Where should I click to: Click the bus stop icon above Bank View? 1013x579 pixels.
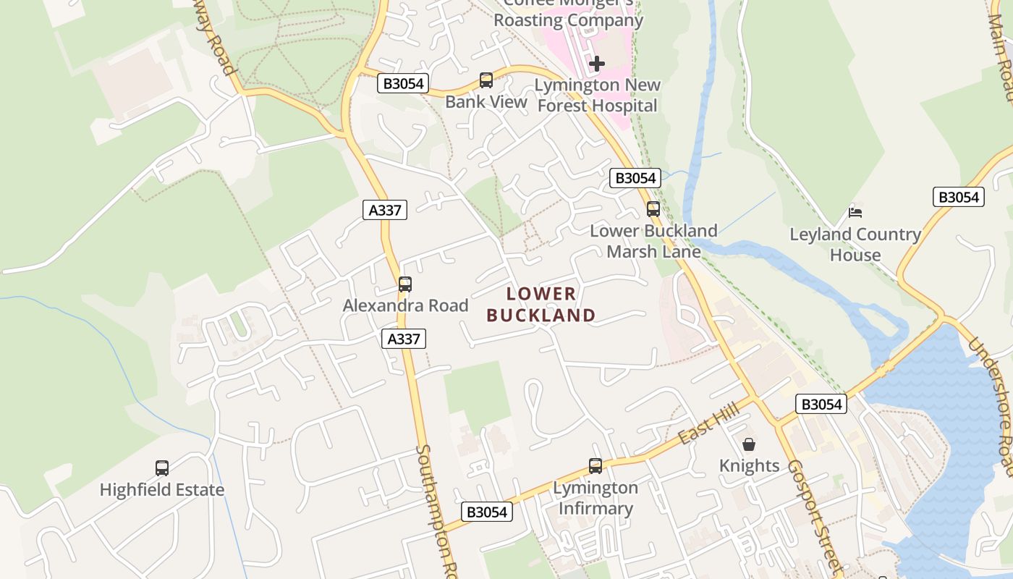[486, 80]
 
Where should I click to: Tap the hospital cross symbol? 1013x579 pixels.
[596, 64]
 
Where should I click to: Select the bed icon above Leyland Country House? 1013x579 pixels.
[855, 212]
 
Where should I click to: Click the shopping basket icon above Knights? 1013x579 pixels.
[749, 444]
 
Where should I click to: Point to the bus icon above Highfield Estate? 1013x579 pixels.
[162, 468]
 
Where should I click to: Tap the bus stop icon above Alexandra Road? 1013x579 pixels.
[405, 284]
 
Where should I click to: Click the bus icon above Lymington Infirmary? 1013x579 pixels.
[595, 466]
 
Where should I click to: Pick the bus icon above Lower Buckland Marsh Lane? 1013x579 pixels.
[653, 209]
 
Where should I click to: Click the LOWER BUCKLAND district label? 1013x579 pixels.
[541, 305]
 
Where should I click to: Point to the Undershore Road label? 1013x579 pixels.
[991, 405]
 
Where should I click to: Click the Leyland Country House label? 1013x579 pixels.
[855, 245]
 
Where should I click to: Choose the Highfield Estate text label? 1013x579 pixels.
[162, 490]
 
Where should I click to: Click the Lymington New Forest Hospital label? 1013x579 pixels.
[597, 96]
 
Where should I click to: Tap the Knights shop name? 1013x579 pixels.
[749, 465]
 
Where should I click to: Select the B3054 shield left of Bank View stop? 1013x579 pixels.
[403, 83]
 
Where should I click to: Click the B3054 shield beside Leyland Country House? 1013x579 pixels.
[959, 197]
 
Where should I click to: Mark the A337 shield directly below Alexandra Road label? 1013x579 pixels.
[404, 339]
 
